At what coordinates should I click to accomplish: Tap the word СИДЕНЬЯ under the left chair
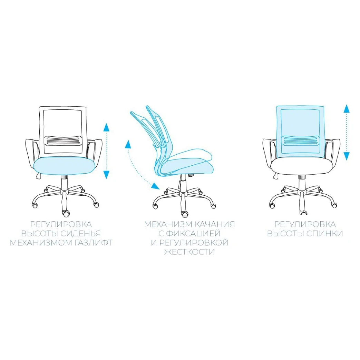(x=81, y=233)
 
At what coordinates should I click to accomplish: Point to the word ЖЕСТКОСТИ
(x=189, y=252)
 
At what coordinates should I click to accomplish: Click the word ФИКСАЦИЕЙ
(x=193, y=233)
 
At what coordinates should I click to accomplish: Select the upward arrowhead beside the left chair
(x=106, y=127)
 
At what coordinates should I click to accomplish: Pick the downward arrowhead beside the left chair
(x=106, y=175)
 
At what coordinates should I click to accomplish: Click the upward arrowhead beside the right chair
(x=347, y=108)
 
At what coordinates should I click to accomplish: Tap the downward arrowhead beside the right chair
(x=347, y=156)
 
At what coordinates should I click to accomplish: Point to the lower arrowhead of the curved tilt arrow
(x=155, y=186)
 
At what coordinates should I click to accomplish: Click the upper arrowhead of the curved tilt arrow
(x=128, y=144)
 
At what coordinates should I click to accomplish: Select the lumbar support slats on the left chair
(x=64, y=141)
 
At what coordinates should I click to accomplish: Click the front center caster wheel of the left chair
(x=66, y=213)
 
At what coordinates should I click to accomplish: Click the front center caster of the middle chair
(x=184, y=214)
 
